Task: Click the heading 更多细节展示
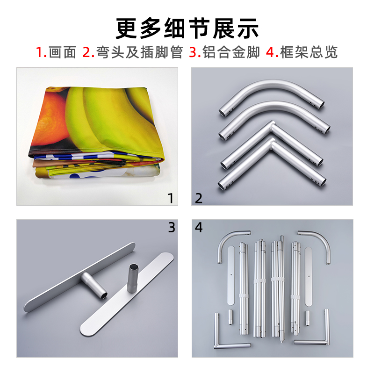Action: click(x=187, y=28)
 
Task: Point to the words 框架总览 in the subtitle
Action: click(x=309, y=52)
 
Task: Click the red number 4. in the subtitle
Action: click(x=272, y=52)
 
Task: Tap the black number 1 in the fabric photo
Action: click(x=171, y=198)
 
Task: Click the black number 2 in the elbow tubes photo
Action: click(x=199, y=198)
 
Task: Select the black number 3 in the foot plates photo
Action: click(x=172, y=227)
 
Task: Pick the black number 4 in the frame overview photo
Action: click(x=199, y=227)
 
